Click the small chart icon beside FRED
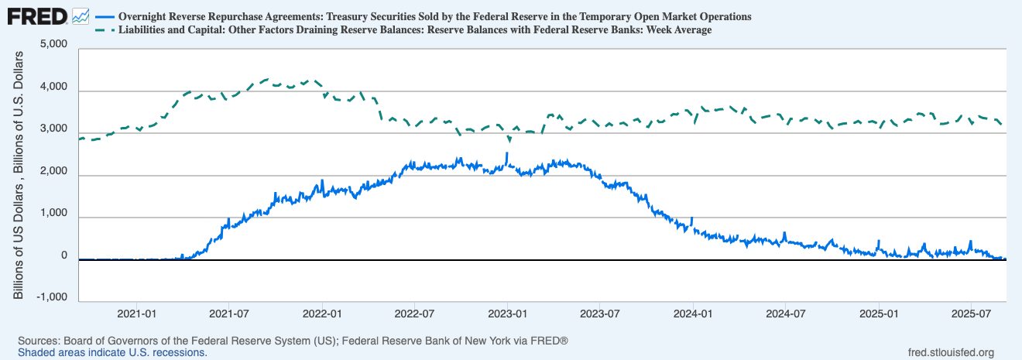coord(80,15)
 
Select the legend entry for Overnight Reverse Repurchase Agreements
coord(434,16)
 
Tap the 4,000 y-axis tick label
coord(53,91)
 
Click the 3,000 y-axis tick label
coord(53,133)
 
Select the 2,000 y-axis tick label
coord(53,175)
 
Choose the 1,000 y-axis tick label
coord(53,217)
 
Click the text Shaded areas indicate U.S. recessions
coord(112,352)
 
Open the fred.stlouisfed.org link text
coord(951,352)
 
